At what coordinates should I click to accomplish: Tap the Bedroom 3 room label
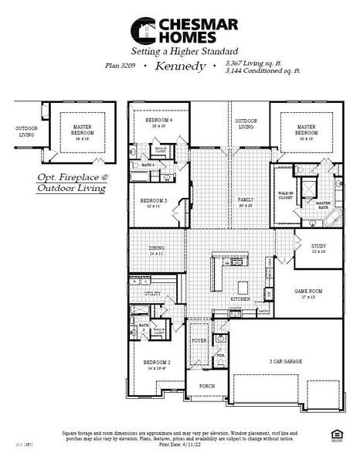click(150, 202)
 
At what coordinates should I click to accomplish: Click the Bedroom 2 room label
click(157, 363)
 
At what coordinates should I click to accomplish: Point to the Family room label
click(246, 200)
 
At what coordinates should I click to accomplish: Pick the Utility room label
click(153, 295)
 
